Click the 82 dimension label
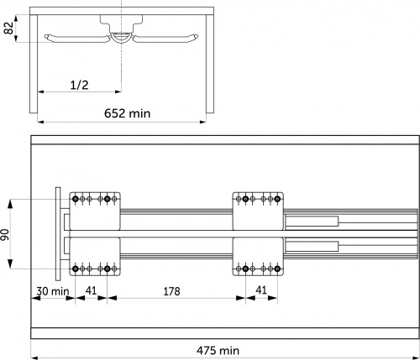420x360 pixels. tap(9, 28)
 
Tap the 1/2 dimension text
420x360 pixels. tap(79, 85)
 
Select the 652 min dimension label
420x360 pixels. tap(128, 113)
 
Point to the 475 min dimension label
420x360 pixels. tap(218, 350)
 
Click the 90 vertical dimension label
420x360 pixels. tap(5, 234)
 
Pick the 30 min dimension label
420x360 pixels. tap(53, 291)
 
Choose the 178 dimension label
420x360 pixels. tap(171, 291)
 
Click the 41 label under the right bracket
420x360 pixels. tap(261, 290)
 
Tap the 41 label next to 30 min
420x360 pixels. tap(91, 290)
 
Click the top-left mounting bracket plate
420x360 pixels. tap(95, 211)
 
